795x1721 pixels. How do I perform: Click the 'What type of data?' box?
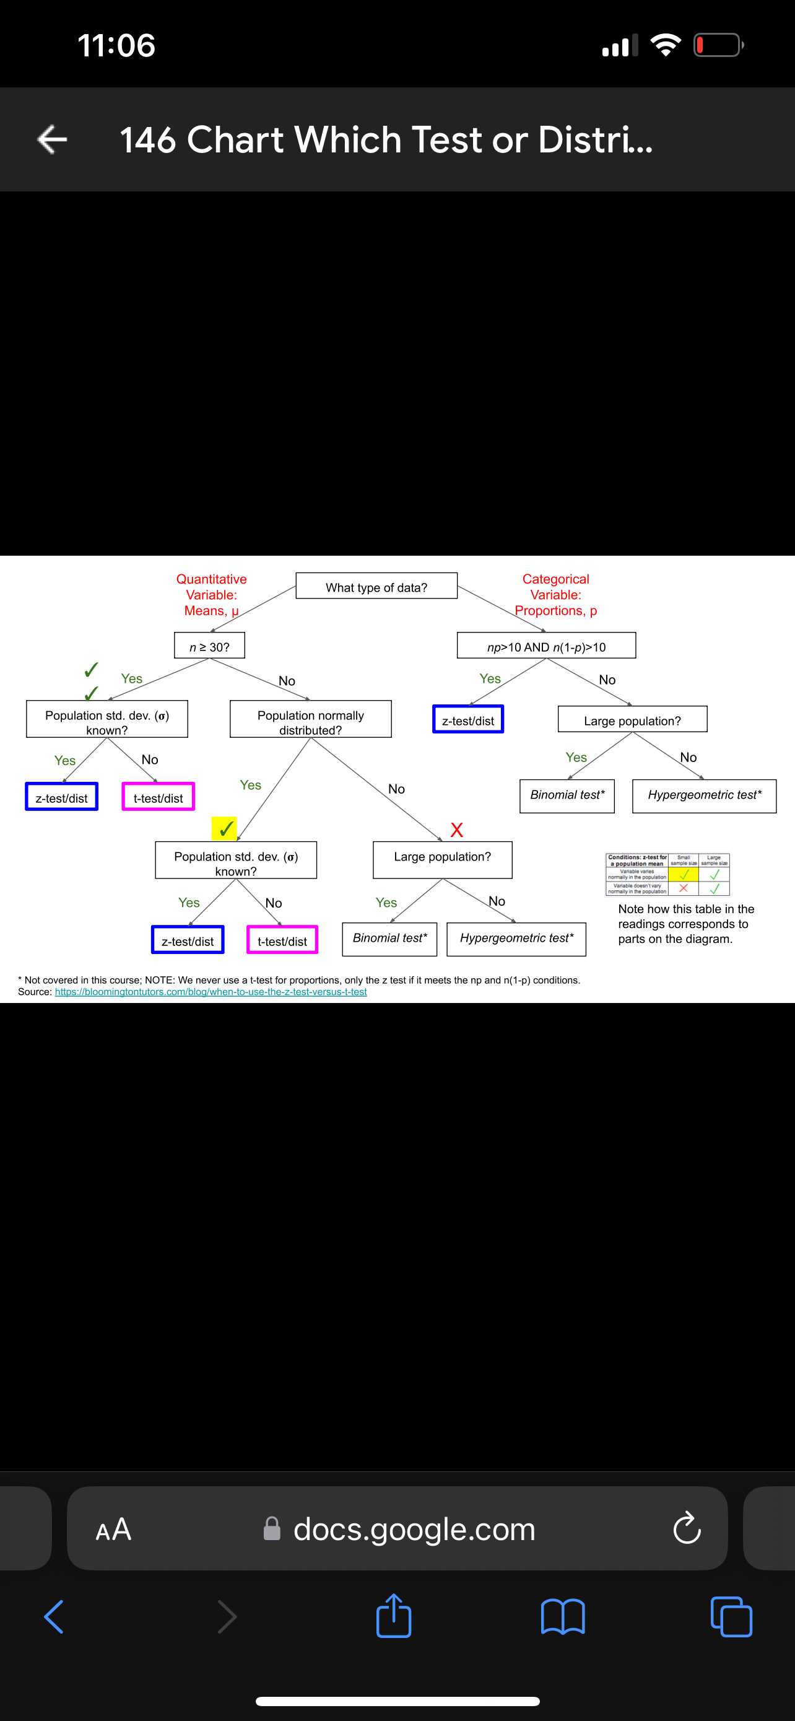pos(376,586)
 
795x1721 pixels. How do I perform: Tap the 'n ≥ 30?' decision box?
pos(210,646)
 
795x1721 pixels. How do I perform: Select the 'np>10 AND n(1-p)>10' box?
pos(546,646)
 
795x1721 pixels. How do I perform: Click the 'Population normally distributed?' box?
pos(310,719)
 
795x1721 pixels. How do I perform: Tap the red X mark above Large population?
pos(456,830)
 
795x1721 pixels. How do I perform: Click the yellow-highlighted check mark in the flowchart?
pos(225,828)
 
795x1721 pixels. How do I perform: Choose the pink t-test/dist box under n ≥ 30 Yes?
pos(159,797)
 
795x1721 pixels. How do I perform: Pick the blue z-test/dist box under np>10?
pos(468,719)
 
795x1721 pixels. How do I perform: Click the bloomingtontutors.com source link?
pos(211,992)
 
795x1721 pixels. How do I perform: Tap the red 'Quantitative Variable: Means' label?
pos(211,595)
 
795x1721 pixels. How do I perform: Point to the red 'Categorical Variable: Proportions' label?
pos(555,595)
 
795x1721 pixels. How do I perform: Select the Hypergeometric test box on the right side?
pos(704,795)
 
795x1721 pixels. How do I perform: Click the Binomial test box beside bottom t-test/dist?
pos(390,939)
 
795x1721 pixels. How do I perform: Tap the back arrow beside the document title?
pos(52,139)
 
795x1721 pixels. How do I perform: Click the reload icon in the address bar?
pos(686,1528)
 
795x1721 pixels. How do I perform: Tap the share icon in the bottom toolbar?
pos(394,1616)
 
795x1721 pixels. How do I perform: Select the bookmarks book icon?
pos(563,1616)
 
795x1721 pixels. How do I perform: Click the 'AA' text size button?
pos(113,1528)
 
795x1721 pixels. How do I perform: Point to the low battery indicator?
pos(718,45)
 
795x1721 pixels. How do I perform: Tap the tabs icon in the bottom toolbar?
pos(732,1616)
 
